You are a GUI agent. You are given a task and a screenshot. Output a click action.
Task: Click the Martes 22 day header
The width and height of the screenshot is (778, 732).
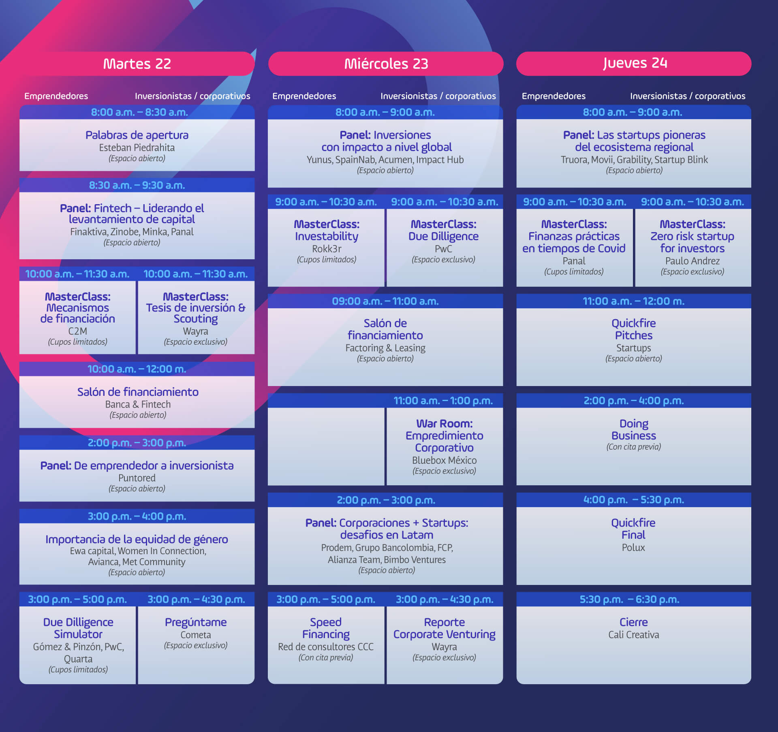pyautogui.click(x=137, y=64)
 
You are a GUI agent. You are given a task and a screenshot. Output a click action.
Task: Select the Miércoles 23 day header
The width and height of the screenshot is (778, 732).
pyautogui.click(x=386, y=64)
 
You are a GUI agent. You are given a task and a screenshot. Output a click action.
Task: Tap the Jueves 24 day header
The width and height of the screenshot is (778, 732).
pyautogui.click(x=634, y=64)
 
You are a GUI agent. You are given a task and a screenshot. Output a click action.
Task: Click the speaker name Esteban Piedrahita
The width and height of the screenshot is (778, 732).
pyautogui.click(x=137, y=147)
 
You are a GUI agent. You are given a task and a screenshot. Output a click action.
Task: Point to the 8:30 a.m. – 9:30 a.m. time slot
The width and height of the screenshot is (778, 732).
pyautogui.click(x=137, y=185)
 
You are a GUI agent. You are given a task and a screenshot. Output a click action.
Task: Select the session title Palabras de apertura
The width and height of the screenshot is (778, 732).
pyautogui.click(x=137, y=135)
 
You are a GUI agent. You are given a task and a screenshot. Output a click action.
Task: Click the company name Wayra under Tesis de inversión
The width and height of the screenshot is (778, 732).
pyautogui.click(x=196, y=331)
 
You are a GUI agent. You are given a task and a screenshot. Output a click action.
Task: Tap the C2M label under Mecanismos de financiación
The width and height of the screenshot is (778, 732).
pyautogui.click(x=77, y=331)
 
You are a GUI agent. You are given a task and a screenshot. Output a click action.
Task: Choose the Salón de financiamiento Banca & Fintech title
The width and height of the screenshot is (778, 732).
pyautogui.click(x=138, y=392)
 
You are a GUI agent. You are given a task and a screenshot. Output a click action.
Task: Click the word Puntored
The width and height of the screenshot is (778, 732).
pyautogui.click(x=137, y=478)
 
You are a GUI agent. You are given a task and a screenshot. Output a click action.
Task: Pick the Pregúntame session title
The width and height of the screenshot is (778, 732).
pyautogui.click(x=196, y=622)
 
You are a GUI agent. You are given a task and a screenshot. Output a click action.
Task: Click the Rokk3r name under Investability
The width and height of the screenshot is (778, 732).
pyautogui.click(x=327, y=249)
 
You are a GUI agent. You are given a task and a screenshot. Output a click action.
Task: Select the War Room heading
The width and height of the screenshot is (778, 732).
pyautogui.click(x=445, y=424)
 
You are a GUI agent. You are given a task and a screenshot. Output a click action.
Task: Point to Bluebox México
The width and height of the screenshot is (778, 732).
pyautogui.click(x=445, y=460)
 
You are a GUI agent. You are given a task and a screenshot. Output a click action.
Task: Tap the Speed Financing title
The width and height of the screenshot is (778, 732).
pyautogui.click(x=326, y=628)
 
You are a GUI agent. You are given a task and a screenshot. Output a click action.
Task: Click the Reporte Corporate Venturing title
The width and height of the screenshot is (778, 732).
pyautogui.click(x=445, y=628)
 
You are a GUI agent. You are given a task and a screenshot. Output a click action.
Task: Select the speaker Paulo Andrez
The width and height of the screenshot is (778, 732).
pyautogui.click(x=693, y=261)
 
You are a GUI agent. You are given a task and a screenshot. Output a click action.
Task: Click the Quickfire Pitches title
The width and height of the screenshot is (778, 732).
pyautogui.click(x=634, y=329)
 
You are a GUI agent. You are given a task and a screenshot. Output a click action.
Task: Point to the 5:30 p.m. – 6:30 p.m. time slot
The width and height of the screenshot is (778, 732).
pyautogui.click(x=629, y=599)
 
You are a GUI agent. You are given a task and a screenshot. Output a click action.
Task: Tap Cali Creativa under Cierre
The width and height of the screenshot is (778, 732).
pyautogui.click(x=634, y=635)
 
